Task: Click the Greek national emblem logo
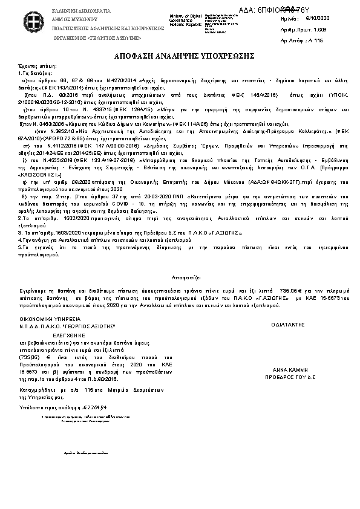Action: click(x=23, y=21)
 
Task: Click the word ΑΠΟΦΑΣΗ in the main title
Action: click(x=131, y=55)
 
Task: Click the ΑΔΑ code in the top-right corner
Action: click(x=297, y=9)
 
